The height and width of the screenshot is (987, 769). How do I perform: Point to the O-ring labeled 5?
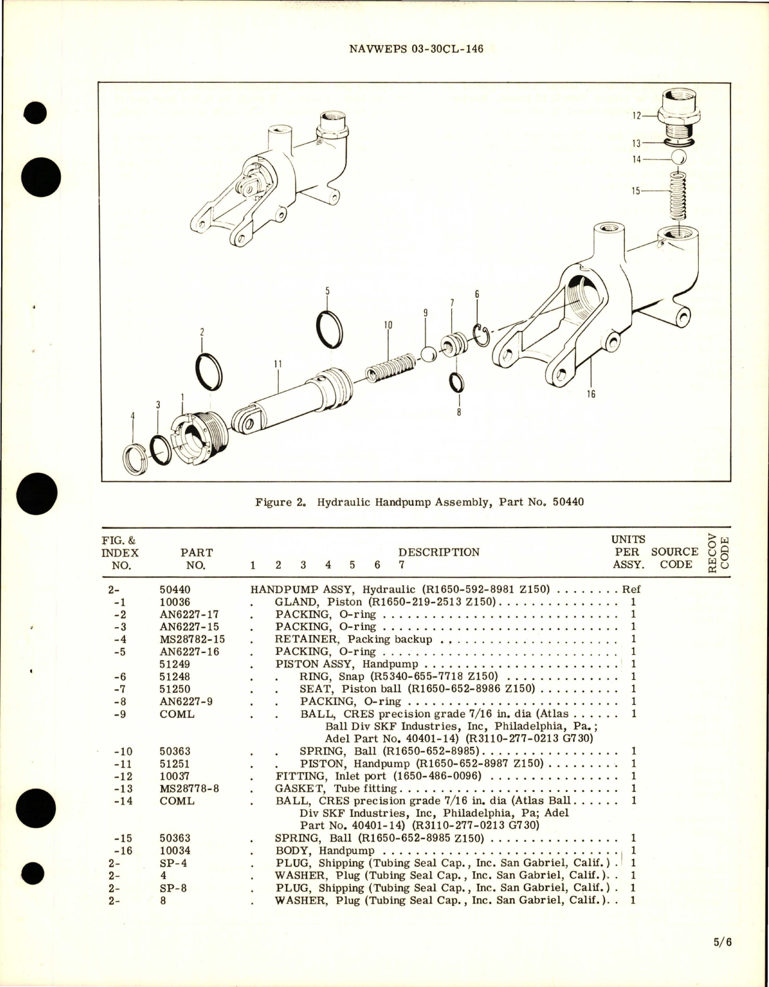329,329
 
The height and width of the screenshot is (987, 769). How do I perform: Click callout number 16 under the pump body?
591,394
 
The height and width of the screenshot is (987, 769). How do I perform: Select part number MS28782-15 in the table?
184,639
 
